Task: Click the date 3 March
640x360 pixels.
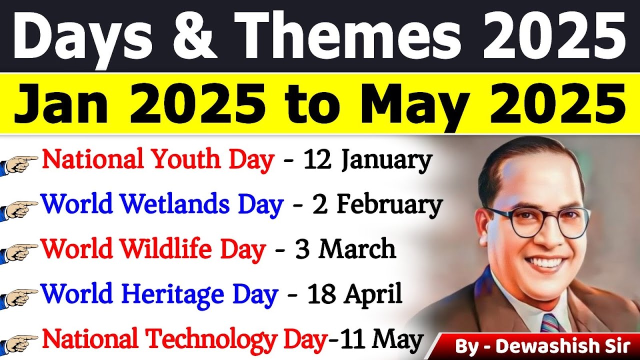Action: pyautogui.click(x=346, y=249)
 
